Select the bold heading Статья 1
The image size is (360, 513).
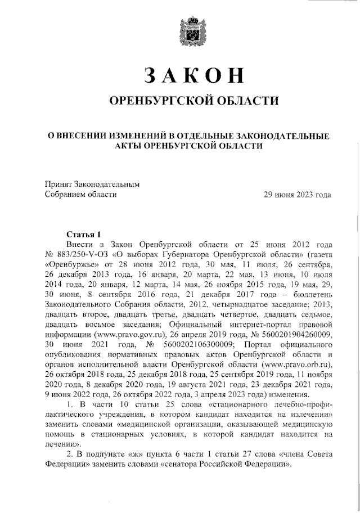click(83, 234)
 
